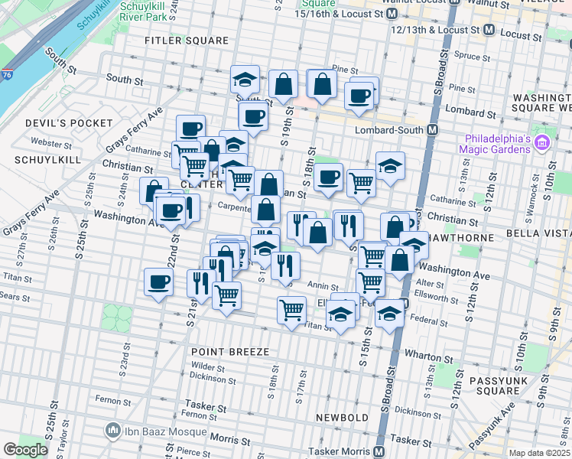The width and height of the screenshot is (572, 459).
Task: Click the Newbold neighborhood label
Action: [343, 418]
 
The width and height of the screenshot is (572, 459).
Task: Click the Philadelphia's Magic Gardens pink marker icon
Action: [542, 142]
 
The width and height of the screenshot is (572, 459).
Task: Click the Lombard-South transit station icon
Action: [432, 129]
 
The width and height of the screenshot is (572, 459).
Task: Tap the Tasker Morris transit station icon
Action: [379, 451]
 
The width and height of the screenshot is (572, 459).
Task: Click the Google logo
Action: [25, 450]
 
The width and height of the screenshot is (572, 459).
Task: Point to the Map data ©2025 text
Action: [538, 453]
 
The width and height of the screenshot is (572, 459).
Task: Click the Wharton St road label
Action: [424, 356]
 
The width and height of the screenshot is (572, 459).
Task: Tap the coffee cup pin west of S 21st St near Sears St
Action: [158, 282]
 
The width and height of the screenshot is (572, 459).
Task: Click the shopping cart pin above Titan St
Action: [291, 309]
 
